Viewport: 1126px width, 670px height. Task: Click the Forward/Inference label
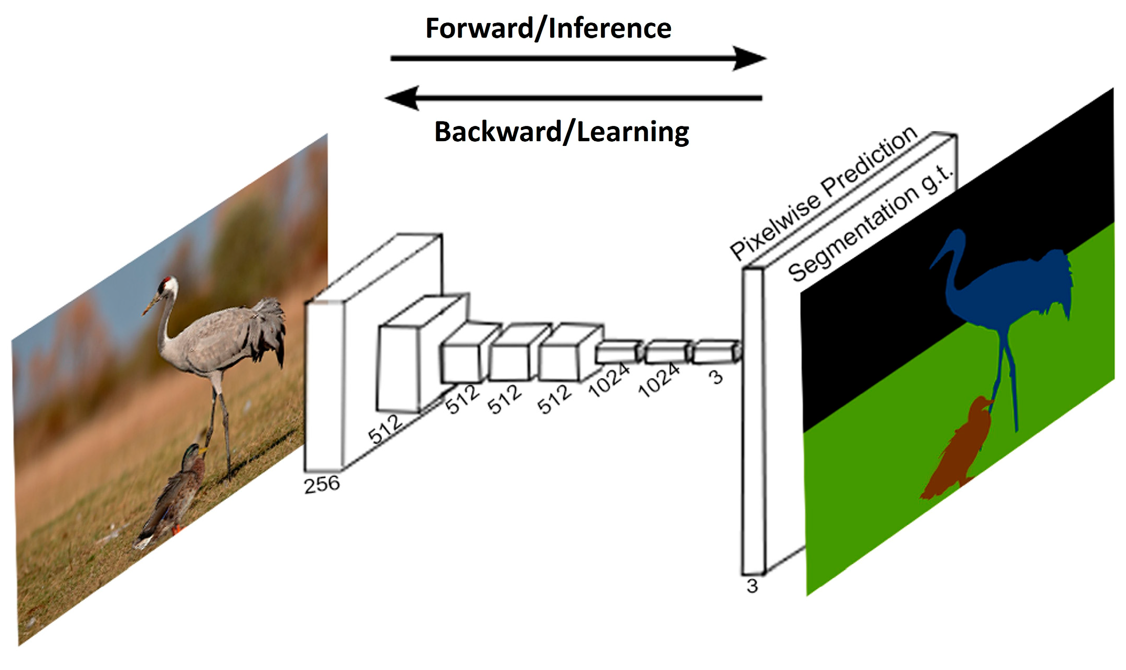tap(548, 28)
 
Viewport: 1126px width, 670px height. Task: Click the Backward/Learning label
tap(561, 131)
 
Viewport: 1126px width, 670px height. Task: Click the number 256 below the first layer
tap(322, 484)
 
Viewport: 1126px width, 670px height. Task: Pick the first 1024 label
tap(609, 379)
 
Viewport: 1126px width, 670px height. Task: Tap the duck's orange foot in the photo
tap(177, 530)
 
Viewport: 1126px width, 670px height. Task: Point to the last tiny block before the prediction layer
tap(715, 352)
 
